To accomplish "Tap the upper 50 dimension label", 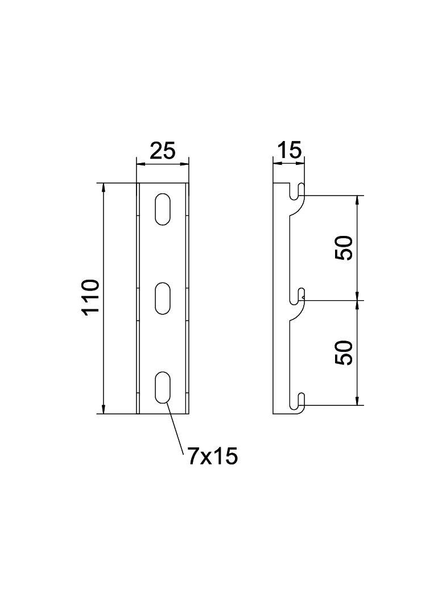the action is click(344, 248).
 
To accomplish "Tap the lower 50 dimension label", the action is click(344, 352).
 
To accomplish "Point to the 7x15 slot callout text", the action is click(212, 456).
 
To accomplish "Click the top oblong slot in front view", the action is click(163, 209).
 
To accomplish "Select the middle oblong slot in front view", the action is click(163, 298).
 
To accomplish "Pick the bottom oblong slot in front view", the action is click(163, 387).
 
